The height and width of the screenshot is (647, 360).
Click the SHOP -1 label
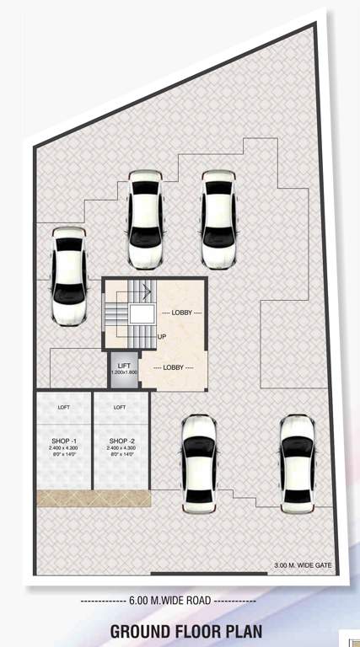click(63, 441)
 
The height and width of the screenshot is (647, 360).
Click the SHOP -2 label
click(121, 441)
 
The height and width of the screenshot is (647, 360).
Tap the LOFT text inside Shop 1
click(63, 407)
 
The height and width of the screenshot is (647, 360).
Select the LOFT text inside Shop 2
click(120, 407)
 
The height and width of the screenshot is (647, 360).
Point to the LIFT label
click(124, 365)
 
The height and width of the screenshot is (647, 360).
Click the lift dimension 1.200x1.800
click(124, 372)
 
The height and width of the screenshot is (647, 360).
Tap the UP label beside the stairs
click(161, 336)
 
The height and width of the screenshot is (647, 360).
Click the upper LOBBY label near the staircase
click(181, 313)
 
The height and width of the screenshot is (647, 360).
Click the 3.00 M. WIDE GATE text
click(303, 564)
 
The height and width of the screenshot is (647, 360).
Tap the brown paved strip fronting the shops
click(93, 498)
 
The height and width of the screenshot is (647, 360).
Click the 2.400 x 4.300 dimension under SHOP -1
click(63, 448)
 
